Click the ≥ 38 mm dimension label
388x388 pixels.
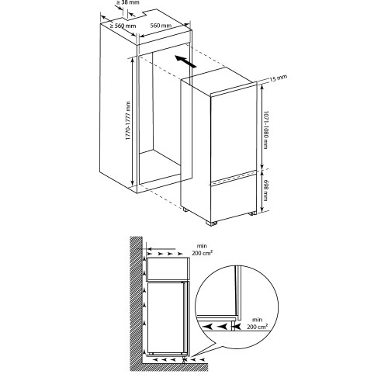127,2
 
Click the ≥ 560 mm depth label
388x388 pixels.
123,26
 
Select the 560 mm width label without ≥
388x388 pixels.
161,26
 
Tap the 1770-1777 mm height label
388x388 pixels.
128,121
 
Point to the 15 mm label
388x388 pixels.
279,78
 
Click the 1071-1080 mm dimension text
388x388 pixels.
265,130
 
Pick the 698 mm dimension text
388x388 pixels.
265,190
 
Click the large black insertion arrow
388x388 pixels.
185,61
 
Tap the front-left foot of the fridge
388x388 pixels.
212,223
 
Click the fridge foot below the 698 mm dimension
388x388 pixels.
252,213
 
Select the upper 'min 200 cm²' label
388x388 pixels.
202,249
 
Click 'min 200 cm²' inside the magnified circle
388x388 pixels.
257,324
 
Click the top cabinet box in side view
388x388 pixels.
168,268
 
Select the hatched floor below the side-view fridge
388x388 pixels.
175,367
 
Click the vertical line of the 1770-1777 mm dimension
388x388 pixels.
133,121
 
